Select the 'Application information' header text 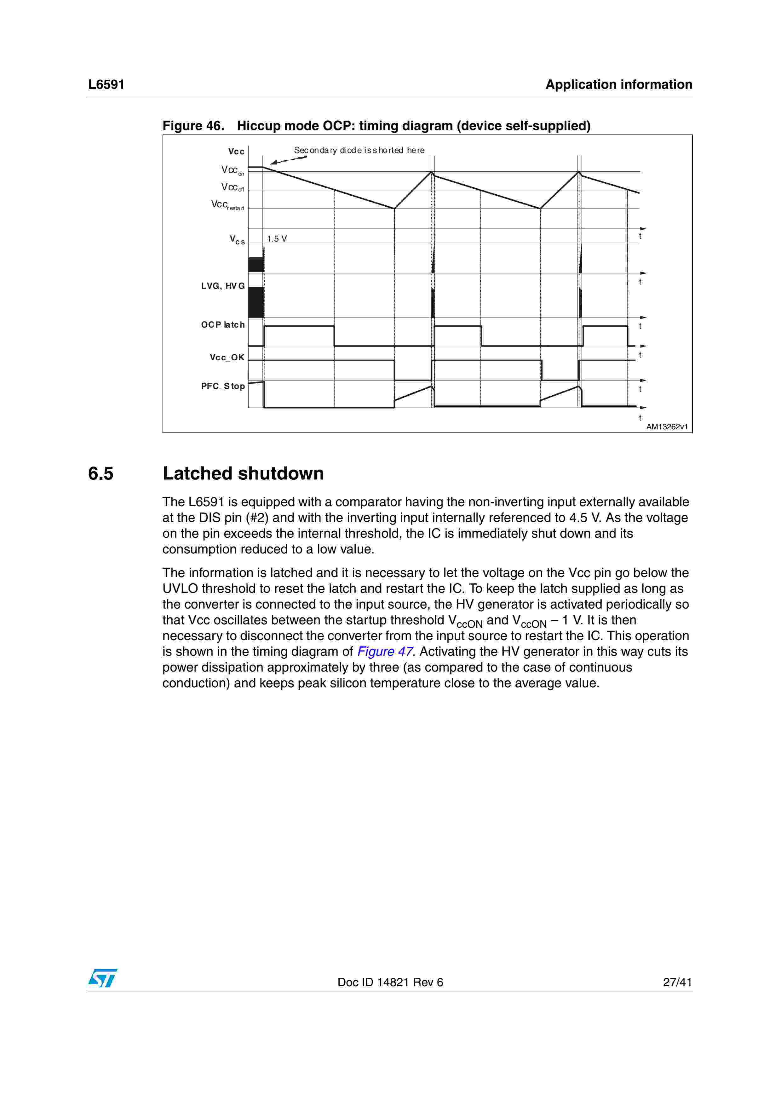[x=618, y=85]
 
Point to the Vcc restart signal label [x=227, y=205]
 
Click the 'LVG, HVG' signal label [x=223, y=286]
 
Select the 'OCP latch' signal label [x=223, y=325]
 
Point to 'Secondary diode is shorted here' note [x=359, y=150]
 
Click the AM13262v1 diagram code [x=666, y=427]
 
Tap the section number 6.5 [x=100, y=473]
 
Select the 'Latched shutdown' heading [x=243, y=473]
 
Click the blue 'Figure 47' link [x=384, y=652]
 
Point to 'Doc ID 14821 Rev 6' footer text [x=390, y=982]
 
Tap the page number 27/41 [x=677, y=982]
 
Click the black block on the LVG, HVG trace [x=256, y=302]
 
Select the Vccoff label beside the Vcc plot [x=233, y=187]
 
